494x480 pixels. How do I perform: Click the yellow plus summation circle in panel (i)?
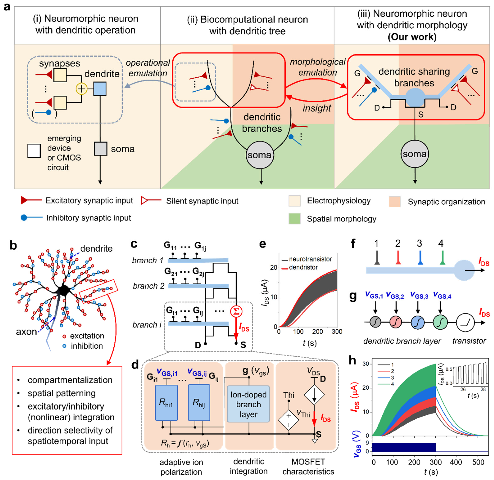pyautogui.click(x=82, y=89)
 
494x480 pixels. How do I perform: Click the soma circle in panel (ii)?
pyautogui.click(x=260, y=155)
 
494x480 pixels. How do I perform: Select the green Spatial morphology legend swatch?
pyautogui.click(x=295, y=219)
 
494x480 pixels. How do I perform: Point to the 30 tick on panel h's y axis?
pyautogui.click(x=366, y=364)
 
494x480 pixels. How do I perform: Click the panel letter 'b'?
pyautogui.click(x=13, y=245)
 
